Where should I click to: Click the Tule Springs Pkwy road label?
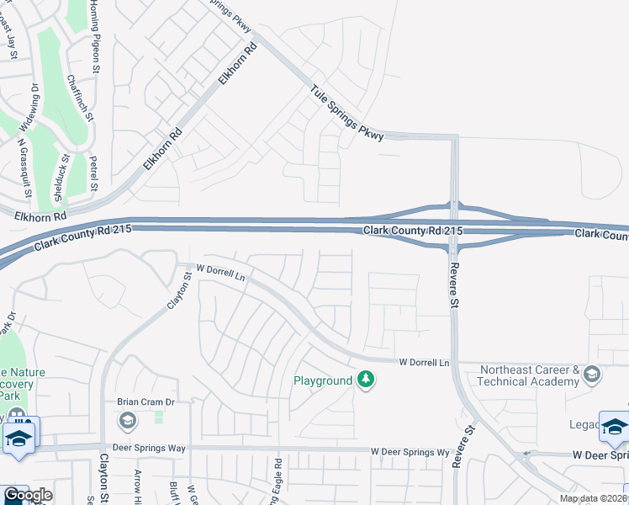click(346, 112)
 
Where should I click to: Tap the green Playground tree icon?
click(365, 380)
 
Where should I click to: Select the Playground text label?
click(322, 380)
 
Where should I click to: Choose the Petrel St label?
click(95, 173)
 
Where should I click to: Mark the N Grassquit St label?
click(24, 167)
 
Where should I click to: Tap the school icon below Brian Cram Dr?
click(127, 420)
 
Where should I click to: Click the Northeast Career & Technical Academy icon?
click(591, 373)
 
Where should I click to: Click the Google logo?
click(27, 495)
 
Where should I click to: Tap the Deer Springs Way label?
click(153, 449)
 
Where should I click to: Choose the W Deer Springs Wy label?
click(410, 452)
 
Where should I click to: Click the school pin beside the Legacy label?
click(614, 427)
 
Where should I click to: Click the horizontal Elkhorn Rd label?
click(40, 216)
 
